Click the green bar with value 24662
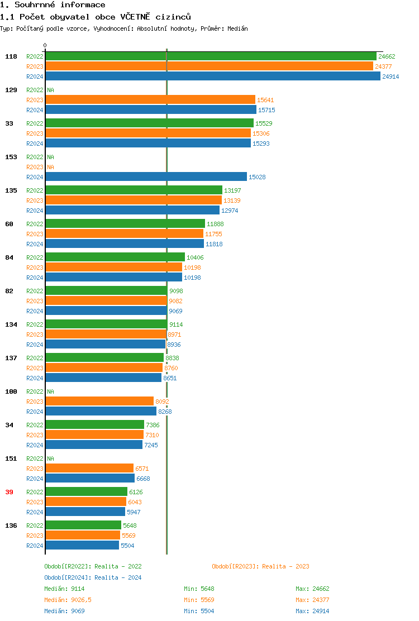[211, 56]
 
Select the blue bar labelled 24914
[212, 77]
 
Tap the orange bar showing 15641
[150, 100]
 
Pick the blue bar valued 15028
[146, 177]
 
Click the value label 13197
[232, 190]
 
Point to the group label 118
[11, 56]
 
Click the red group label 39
[9, 492]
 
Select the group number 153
[11, 157]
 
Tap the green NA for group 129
[50, 90]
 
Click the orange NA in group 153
[50, 167]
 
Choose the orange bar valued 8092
[99, 402]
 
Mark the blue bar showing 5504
[82, 546]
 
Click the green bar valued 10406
[115, 257]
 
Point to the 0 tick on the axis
[45, 46]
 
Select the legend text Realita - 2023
[284, 566]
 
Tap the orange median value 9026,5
[82, 600]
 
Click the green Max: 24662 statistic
[312, 589]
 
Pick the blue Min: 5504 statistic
[199, 611]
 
